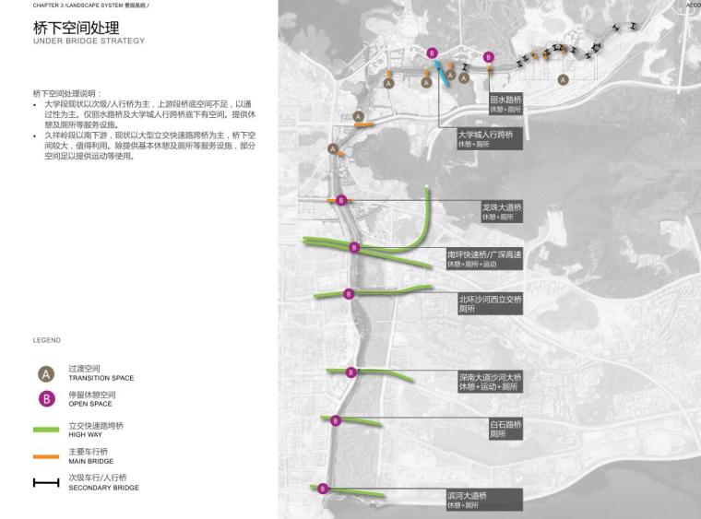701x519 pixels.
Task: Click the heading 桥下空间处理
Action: [x=77, y=28]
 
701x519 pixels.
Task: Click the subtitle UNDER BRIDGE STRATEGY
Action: [x=89, y=41]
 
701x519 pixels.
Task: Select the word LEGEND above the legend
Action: [x=46, y=340]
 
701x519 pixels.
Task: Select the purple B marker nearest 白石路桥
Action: [x=336, y=420]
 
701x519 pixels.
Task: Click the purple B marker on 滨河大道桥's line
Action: [x=324, y=490]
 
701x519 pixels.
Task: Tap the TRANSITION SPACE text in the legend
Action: [x=101, y=378]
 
